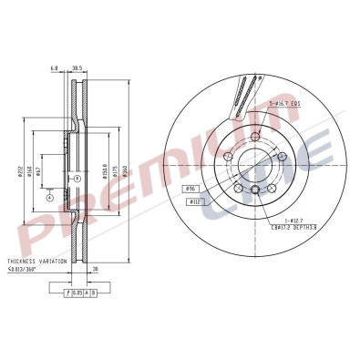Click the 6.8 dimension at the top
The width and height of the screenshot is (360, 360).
(x=55, y=67)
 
